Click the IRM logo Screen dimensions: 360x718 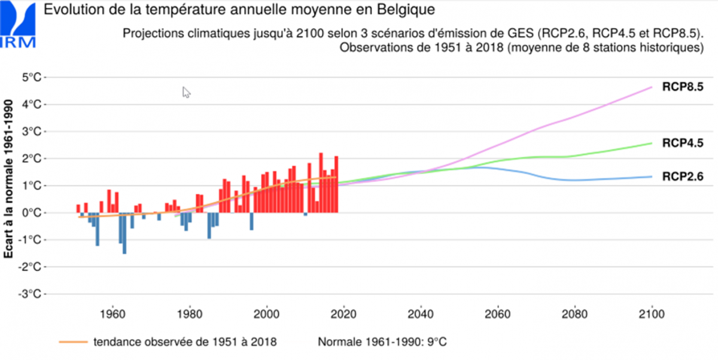19,24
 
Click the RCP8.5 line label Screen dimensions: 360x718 682,87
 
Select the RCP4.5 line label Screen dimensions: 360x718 682,143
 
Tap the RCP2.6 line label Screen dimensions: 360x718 682,176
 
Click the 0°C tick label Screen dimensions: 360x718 31,213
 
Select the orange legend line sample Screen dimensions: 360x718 73,343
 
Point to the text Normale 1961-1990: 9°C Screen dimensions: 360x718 382,343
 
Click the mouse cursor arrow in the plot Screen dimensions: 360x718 185,91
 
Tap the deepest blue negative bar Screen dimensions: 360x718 124,233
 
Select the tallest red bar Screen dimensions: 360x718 321,183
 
